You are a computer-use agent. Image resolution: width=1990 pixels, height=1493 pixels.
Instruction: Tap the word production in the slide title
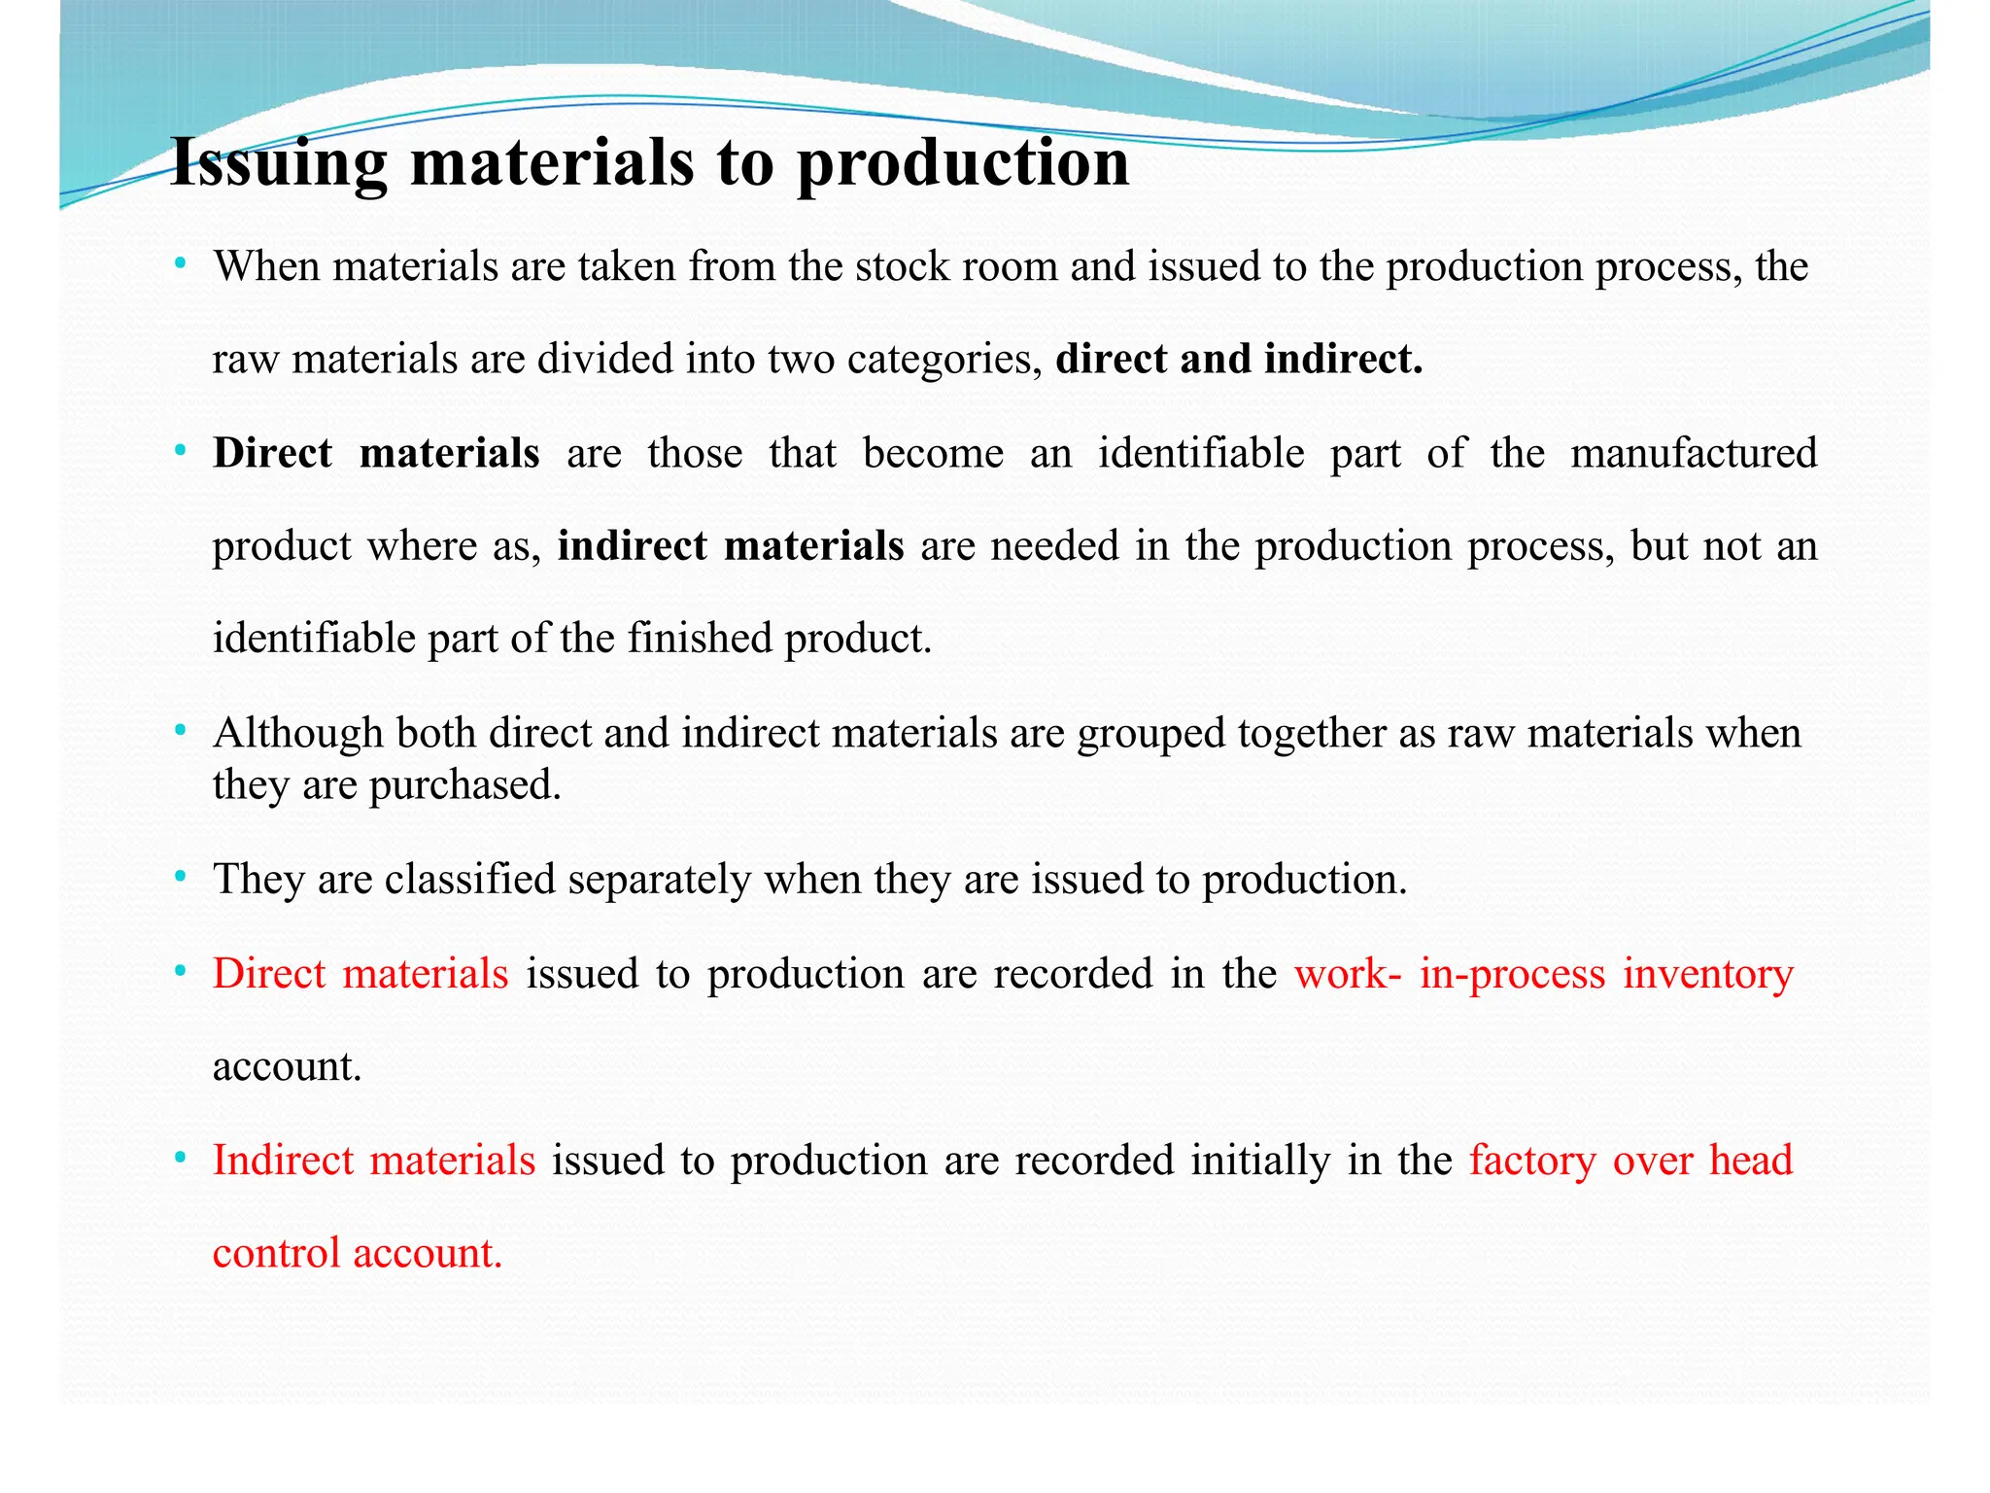pyautogui.click(x=963, y=163)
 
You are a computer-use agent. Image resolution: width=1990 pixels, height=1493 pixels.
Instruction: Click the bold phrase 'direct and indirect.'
pyautogui.click(x=1239, y=360)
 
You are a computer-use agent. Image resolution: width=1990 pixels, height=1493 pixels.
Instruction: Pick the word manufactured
pyautogui.click(x=1694, y=453)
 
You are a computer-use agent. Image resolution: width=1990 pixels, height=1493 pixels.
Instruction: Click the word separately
pyautogui.click(x=660, y=880)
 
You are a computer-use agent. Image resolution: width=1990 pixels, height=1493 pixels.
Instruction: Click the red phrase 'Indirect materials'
pyautogui.click(x=374, y=1161)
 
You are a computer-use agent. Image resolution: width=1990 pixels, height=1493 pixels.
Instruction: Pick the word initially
pyautogui.click(x=1260, y=1161)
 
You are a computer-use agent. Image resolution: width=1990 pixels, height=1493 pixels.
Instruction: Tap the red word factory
pyautogui.click(x=1532, y=1161)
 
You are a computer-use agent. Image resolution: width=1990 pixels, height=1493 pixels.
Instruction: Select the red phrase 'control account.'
pyautogui.click(x=358, y=1253)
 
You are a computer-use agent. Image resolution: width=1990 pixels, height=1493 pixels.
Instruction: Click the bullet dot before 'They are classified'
pyautogui.click(x=180, y=878)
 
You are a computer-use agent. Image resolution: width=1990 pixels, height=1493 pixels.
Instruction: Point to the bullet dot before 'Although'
pyautogui.click(x=180, y=731)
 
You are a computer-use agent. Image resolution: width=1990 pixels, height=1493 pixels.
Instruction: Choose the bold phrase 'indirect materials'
pyautogui.click(x=731, y=546)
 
